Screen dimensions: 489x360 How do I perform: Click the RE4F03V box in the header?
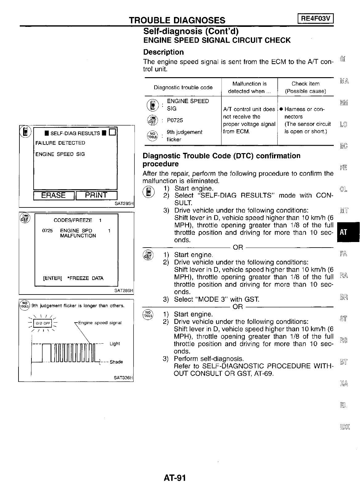[316, 19]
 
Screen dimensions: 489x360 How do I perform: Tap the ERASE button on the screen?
[54, 195]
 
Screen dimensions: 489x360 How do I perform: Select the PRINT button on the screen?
[96, 195]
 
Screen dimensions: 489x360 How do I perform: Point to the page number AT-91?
[175, 478]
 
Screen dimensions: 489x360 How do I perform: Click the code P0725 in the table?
[175, 120]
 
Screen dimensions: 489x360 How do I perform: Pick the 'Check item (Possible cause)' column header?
[305, 87]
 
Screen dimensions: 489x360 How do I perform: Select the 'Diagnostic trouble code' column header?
[183, 87]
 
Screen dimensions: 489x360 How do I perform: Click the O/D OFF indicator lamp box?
[43, 323]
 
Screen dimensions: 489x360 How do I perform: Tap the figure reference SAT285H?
[123, 204]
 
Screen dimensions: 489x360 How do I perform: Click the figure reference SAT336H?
[123, 378]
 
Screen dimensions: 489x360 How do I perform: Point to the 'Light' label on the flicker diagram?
[115, 344]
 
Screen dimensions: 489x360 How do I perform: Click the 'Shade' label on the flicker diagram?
[116, 362]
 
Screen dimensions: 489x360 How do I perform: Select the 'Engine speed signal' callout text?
[100, 323]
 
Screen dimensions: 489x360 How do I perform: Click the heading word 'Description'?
[163, 52]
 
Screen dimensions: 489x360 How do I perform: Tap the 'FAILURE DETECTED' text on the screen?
[60, 143]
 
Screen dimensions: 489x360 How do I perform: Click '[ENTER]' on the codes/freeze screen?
[53, 278]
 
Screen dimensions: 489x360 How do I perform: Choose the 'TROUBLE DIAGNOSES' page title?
[177, 20]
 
